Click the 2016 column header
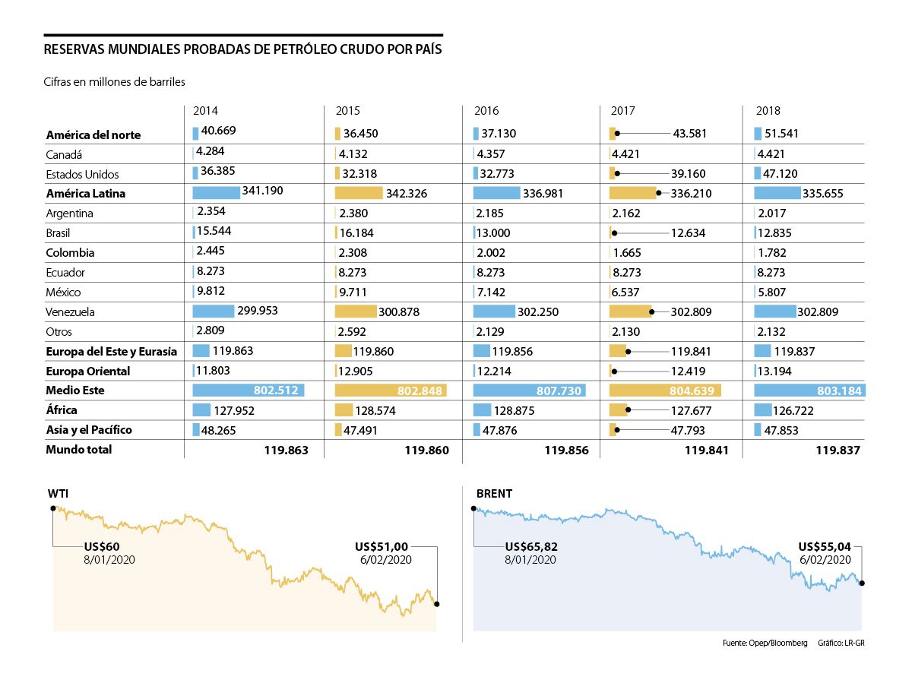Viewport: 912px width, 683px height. click(x=486, y=111)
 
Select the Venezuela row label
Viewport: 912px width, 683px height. click(x=70, y=312)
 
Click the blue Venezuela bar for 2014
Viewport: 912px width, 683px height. click(x=213, y=311)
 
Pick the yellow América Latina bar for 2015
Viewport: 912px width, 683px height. click(x=358, y=193)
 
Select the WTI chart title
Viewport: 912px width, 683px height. click(x=57, y=494)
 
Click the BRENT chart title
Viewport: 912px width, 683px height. click(x=494, y=494)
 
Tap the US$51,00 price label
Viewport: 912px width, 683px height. click(x=382, y=546)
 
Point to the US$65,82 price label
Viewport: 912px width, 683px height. click(x=530, y=546)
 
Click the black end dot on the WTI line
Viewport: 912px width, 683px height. click(x=436, y=604)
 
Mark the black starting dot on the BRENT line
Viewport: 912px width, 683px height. click(x=473, y=510)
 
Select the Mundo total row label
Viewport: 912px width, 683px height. click(x=78, y=450)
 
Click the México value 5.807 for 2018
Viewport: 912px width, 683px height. click(x=771, y=292)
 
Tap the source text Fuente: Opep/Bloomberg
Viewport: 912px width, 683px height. click(x=765, y=643)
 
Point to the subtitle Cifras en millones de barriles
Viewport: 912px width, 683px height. click(x=115, y=81)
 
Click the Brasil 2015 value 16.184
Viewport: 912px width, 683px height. click(x=357, y=233)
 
